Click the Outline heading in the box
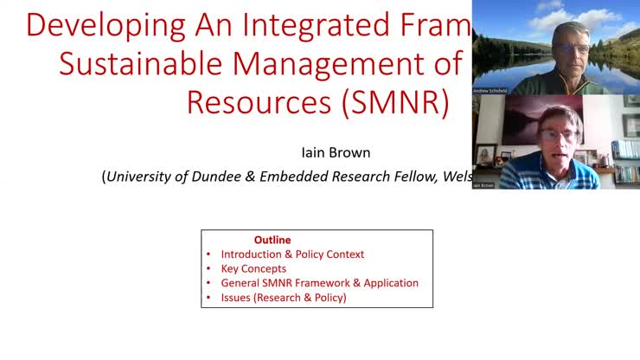(x=272, y=240)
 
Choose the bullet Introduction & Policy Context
(x=292, y=254)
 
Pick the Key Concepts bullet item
(x=253, y=268)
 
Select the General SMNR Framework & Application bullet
(x=319, y=283)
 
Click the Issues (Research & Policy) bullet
(x=283, y=298)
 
